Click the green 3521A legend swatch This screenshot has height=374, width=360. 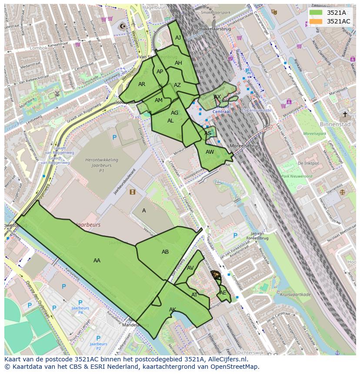click(x=316, y=13)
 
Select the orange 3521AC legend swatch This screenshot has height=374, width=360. click(x=316, y=21)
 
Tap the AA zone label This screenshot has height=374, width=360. click(x=97, y=261)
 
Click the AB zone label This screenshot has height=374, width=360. click(x=165, y=252)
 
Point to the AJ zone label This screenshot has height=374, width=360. click(x=178, y=38)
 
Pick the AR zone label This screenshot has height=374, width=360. click(x=142, y=84)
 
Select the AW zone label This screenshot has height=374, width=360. click(x=210, y=152)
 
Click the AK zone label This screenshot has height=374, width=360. click(x=173, y=310)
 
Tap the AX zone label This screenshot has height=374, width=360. click(x=217, y=97)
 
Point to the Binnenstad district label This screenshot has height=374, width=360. click(x=335, y=124)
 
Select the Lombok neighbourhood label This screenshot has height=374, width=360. click(x=39, y=48)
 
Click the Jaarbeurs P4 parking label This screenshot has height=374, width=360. click(x=80, y=309)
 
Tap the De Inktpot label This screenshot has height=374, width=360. click(x=308, y=163)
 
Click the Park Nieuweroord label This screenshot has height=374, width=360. click(x=297, y=176)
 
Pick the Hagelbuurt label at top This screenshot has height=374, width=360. click(x=155, y=7)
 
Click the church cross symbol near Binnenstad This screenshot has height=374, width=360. click(x=345, y=114)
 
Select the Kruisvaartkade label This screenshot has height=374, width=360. click(x=296, y=295)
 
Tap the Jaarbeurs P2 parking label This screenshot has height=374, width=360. click(x=98, y=344)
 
